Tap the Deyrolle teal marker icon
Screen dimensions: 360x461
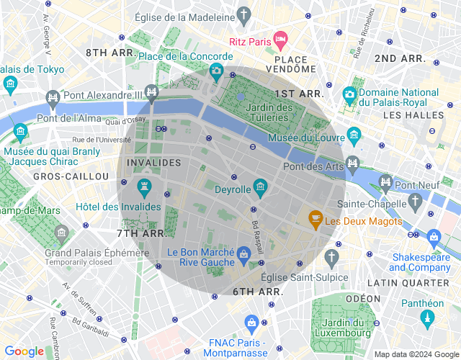coord(261,188)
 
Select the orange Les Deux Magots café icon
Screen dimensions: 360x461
coord(315,217)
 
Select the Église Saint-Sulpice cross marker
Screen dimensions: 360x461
coord(331,257)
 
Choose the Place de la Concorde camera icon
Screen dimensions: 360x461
coord(216,71)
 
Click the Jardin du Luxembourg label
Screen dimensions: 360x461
coord(343,327)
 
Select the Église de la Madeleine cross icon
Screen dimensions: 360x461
coord(245,15)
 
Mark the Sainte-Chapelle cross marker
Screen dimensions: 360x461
coord(415,199)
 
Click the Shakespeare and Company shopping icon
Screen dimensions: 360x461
coord(434,236)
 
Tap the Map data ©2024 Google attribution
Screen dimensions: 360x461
coord(416,354)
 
